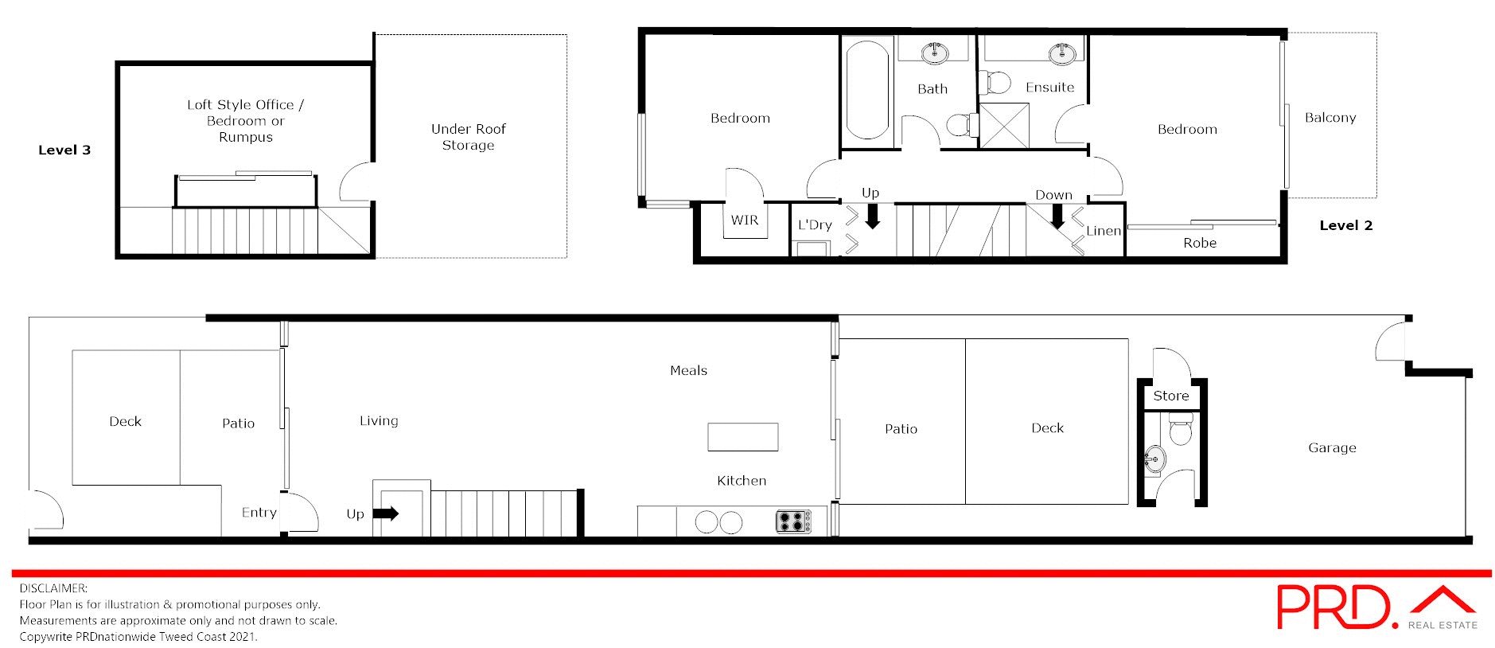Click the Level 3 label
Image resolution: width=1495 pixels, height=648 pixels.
click(64, 150)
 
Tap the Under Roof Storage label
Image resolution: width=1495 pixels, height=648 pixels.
click(468, 137)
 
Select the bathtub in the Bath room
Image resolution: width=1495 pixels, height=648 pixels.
click(867, 90)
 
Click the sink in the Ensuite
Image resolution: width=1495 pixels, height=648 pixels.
click(1062, 53)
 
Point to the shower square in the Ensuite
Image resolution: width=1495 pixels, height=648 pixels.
click(1003, 126)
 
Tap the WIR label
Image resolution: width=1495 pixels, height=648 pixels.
click(745, 221)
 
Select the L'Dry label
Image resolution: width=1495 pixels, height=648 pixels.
click(815, 225)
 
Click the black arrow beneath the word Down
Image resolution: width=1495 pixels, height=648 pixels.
click(1057, 216)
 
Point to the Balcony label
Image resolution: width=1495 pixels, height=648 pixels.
click(1330, 118)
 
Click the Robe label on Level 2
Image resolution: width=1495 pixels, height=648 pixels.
click(1199, 243)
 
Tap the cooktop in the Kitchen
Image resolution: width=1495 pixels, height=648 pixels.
click(793, 521)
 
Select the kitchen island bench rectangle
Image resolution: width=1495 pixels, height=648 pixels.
click(742, 437)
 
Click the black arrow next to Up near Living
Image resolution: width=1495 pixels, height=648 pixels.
click(386, 513)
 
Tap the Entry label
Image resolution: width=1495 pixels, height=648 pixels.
click(259, 513)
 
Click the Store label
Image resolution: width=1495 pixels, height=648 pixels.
click(1170, 396)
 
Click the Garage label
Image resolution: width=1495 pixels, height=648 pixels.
click(1331, 448)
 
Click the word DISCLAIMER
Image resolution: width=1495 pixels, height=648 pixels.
click(53, 588)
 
